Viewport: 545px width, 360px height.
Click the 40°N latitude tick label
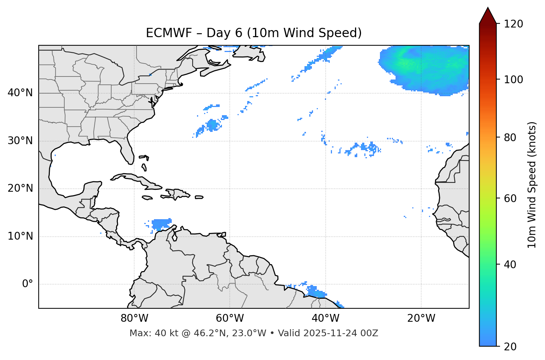[20, 93]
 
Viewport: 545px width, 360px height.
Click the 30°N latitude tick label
[20, 141]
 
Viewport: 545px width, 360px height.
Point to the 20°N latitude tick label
[20, 188]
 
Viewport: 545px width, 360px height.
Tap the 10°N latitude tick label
[20, 236]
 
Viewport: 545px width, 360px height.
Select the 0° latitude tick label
[28, 284]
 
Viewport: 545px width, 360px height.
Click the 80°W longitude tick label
[134, 318]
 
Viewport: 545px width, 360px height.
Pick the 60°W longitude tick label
[230, 318]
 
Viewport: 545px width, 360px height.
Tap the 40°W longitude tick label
[325, 318]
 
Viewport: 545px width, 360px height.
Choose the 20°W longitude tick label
[421, 318]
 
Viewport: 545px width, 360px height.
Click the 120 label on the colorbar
[513, 24]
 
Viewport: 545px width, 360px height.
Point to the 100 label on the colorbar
[513, 80]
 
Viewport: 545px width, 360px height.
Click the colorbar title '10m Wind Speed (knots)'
[532, 185]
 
